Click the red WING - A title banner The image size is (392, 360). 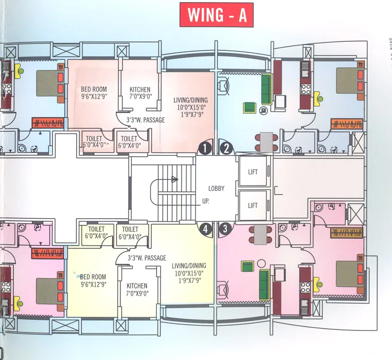coord(217,15)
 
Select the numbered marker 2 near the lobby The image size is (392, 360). coord(227,148)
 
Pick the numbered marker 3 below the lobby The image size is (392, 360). coord(226,229)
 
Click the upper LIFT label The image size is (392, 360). coord(253,172)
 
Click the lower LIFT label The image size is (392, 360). coord(253,205)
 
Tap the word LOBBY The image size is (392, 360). coord(217,189)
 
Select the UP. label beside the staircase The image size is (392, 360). coord(206,201)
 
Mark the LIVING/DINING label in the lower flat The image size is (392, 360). coord(188,265)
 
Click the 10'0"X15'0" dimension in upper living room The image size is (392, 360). coord(190,107)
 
